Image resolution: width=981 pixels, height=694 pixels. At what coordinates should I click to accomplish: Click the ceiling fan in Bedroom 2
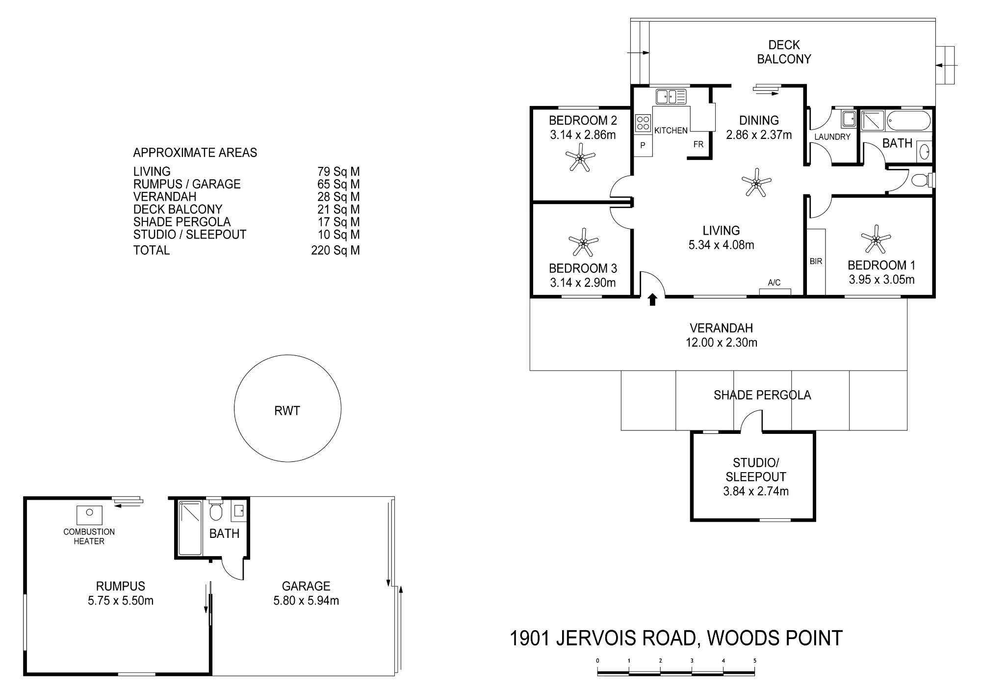click(580, 157)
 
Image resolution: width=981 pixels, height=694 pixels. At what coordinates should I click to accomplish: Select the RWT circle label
click(287, 411)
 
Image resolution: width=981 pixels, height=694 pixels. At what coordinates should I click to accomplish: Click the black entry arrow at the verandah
click(652, 299)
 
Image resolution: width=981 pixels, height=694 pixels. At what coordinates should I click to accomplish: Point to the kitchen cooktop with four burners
click(643, 123)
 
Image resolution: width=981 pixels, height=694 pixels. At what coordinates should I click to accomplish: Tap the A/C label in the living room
click(774, 283)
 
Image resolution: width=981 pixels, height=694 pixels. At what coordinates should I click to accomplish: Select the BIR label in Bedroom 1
click(816, 262)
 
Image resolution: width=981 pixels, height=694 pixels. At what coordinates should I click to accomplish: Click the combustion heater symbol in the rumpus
click(89, 515)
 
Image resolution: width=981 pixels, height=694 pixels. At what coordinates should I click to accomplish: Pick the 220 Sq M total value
click(336, 250)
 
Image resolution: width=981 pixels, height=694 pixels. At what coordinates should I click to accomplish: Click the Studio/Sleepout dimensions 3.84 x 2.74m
click(756, 491)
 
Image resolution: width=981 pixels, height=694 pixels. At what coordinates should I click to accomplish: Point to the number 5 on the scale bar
click(754, 661)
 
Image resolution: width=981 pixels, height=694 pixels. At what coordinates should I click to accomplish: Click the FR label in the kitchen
click(698, 144)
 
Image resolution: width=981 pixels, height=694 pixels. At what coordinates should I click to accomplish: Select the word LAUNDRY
click(832, 137)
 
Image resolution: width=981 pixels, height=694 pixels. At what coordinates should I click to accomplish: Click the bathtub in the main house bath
click(908, 121)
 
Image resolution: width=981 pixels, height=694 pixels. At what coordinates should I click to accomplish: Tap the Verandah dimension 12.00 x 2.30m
click(722, 343)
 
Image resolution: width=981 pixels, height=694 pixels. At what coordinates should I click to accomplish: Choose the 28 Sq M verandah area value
click(338, 197)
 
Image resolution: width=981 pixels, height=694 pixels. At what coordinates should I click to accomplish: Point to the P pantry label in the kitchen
click(643, 145)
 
